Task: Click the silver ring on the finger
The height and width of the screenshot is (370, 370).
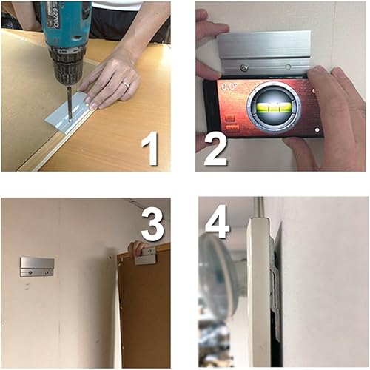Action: coord(125,84)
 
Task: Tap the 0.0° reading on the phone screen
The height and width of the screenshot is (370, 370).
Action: coord(228,87)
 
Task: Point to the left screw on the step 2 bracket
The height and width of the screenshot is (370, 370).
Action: coord(245,67)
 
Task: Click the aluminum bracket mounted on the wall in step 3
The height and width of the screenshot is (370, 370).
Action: coord(37,266)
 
